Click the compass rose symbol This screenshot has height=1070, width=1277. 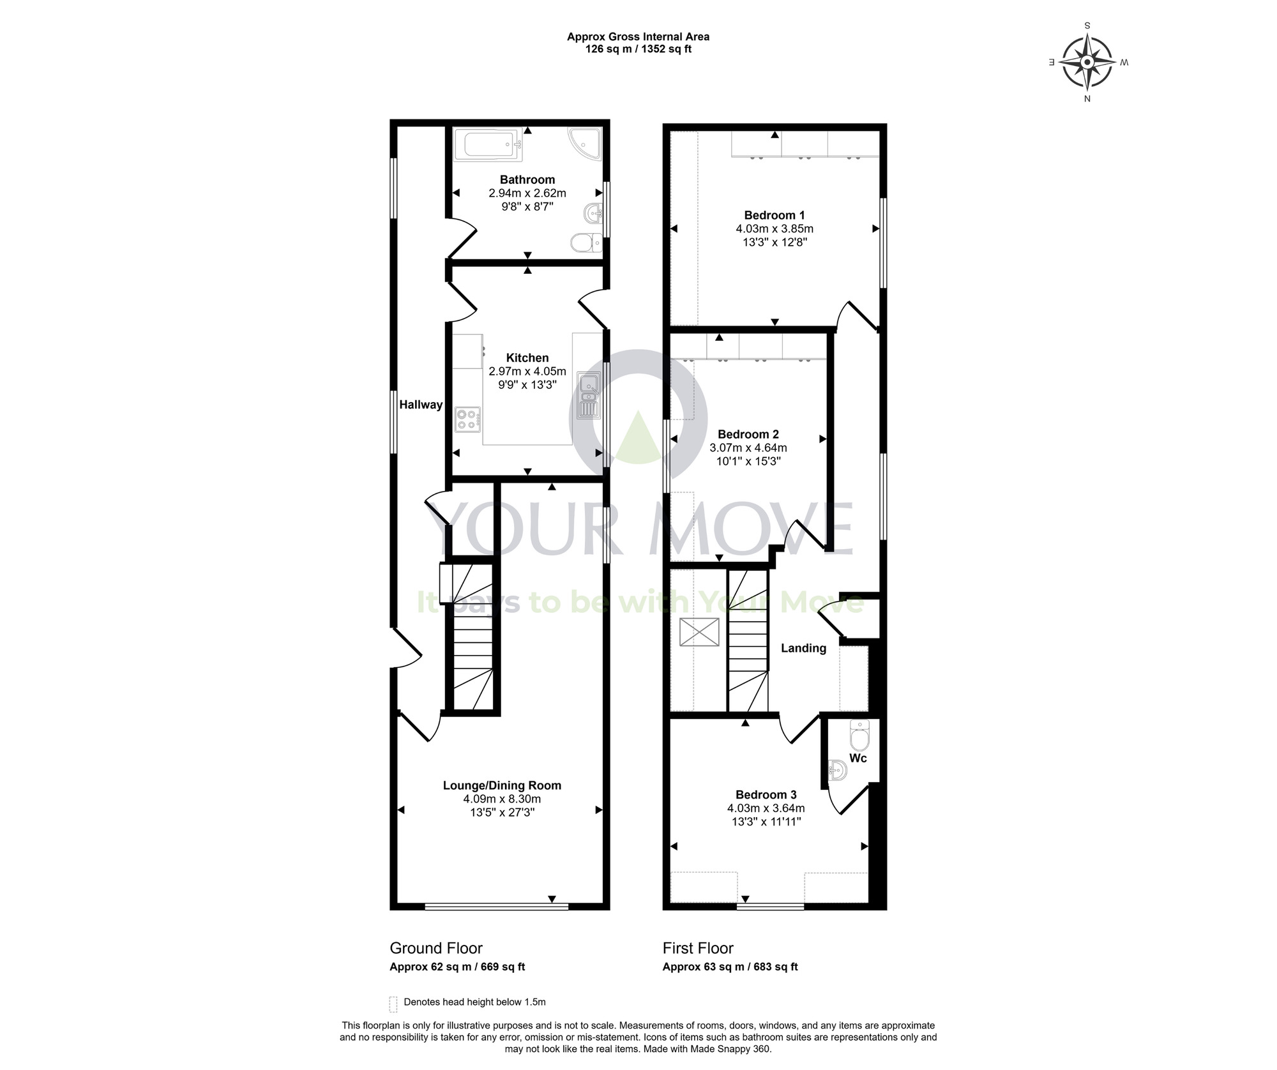(x=1087, y=62)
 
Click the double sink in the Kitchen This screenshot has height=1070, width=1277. (x=588, y=395)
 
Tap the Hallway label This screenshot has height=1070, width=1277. (x=421, y=404)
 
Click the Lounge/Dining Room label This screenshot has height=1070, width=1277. (x=502, y=785)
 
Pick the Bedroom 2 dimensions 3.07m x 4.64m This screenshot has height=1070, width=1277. (x=748, y=448)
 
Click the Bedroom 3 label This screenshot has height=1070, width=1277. (x=766, y=795)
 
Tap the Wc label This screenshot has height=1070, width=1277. (x=858, y=758)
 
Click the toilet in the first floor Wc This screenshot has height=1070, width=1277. (x=860, y=735)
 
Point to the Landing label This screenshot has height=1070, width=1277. (x=804, y=648)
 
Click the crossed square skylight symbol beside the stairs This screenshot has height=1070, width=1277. (x=699, y=632)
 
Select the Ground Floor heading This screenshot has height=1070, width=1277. (x=436, y=948)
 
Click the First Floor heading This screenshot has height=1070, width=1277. (x=698, y=948)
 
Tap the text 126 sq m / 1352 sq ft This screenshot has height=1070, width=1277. (x=638, y=49)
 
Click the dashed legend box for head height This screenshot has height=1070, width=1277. (x=393, y=1004)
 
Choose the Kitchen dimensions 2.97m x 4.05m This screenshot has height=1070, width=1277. (x=527, y=372)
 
